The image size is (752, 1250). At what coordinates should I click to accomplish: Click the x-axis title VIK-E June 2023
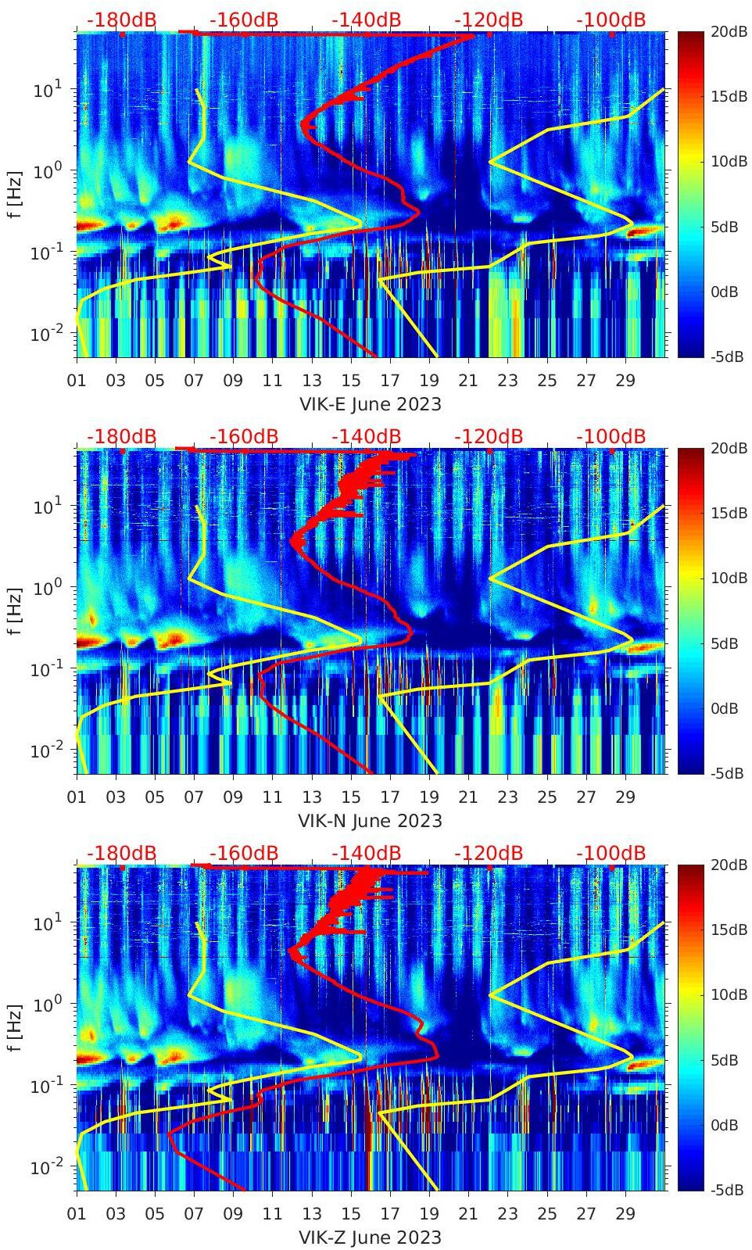371,404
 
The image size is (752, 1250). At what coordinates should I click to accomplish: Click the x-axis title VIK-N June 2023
371,821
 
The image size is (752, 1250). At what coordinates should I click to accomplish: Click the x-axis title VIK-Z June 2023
371,1237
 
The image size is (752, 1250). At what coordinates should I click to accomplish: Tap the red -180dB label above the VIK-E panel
121,20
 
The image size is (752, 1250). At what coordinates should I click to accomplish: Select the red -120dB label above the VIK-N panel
489,436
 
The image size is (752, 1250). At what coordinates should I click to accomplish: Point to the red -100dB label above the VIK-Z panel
611,853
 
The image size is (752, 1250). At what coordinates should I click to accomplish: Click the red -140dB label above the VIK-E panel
367,20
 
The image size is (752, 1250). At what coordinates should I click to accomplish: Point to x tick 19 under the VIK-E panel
429,381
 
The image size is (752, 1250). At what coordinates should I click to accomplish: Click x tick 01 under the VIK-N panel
77,797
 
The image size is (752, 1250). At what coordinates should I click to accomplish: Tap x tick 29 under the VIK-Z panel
625,1214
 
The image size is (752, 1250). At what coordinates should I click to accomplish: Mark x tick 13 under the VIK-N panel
312,797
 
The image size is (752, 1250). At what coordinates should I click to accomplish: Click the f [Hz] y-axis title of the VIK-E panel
14,194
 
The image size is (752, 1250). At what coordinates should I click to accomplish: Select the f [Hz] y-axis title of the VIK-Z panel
14,1027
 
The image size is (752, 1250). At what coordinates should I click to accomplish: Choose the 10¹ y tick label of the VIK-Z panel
47,922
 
